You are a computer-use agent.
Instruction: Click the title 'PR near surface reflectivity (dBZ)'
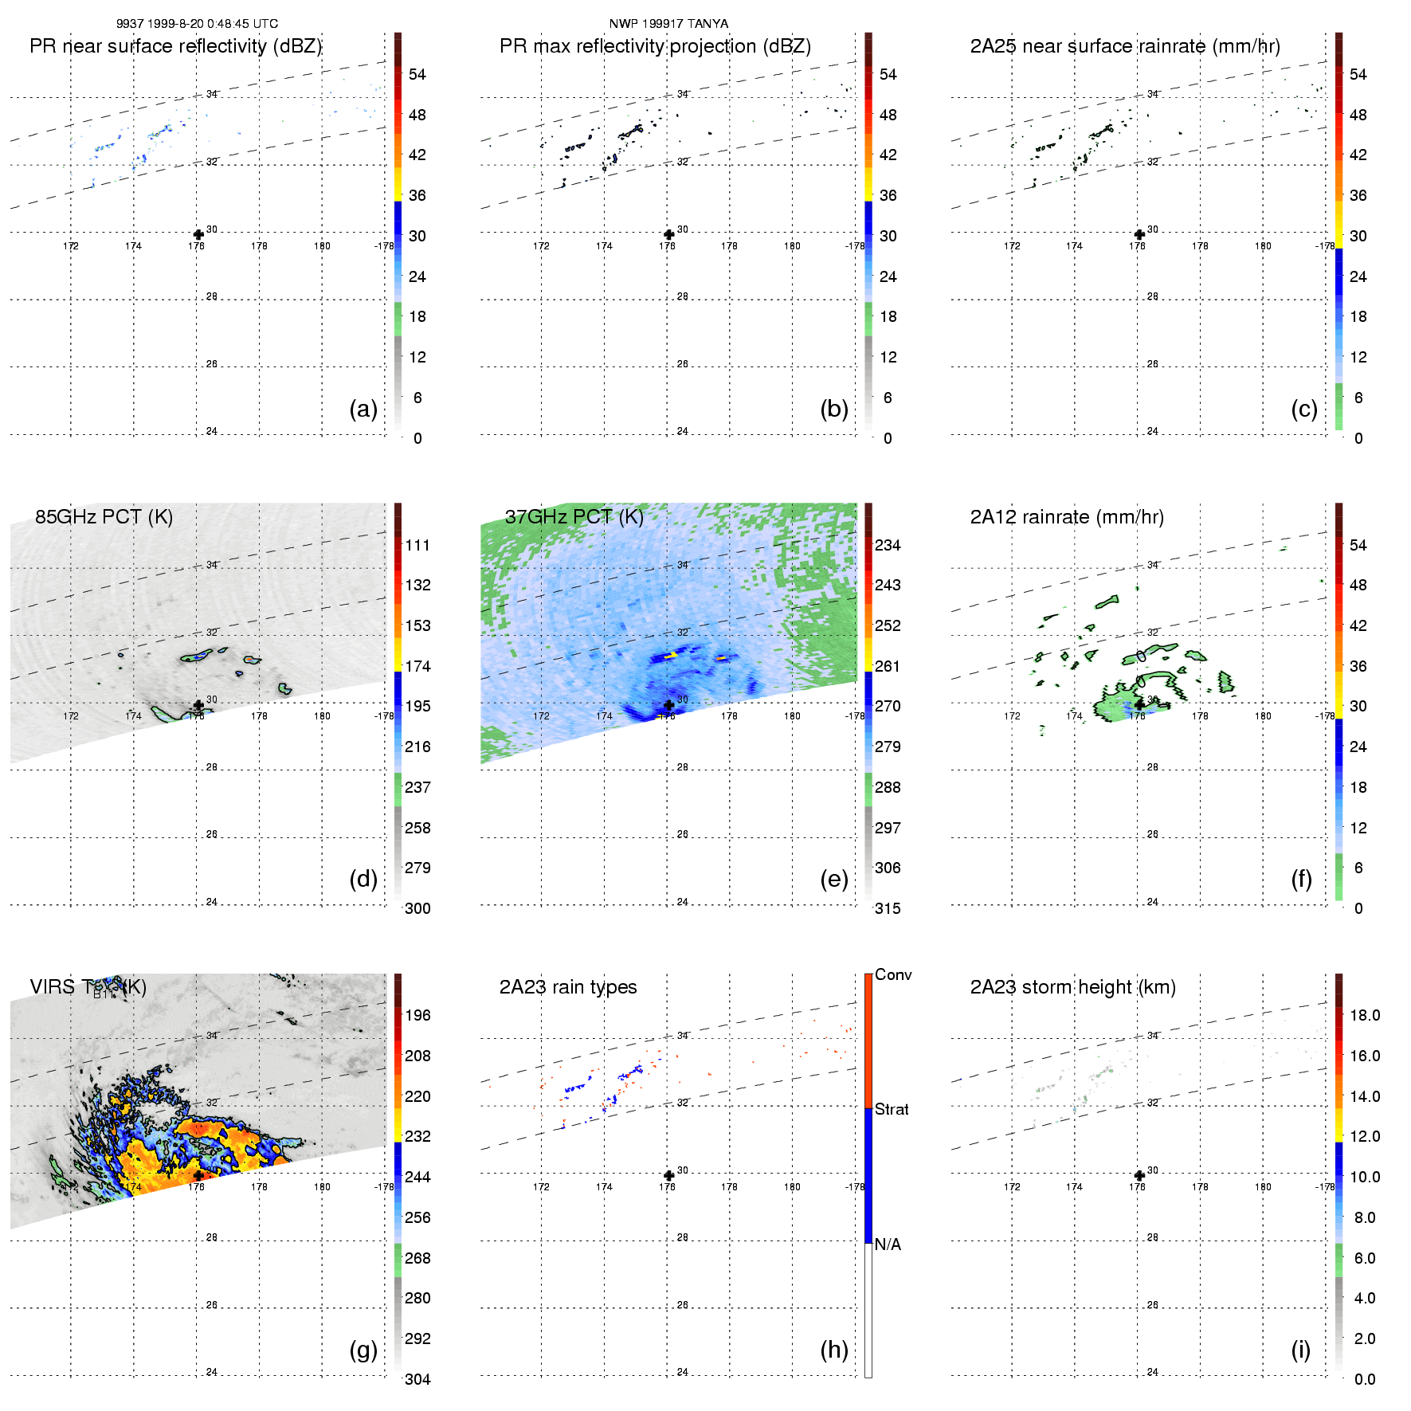pos(175,46)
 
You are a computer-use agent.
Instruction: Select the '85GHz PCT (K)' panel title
pos(104,517)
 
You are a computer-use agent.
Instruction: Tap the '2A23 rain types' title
pos(568,987)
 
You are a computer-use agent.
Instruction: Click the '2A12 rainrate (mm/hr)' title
pos(1067,517)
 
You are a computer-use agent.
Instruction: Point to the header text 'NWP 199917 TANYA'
pos(668,24)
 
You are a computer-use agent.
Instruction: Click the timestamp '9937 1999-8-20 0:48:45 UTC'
pos(197,24)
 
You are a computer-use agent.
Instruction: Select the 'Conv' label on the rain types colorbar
pos(893,975)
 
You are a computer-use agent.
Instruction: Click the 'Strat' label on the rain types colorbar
pos(892,1109)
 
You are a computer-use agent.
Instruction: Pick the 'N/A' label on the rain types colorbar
pos(888,1244)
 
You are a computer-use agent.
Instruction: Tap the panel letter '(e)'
pos(834,879)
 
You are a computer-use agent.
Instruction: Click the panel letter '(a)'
pos(363,409)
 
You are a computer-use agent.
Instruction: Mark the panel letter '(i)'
pos(1300,1350)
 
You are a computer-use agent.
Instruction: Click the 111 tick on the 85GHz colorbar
pos(417,546)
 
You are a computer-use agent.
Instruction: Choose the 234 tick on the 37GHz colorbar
pos(888,546)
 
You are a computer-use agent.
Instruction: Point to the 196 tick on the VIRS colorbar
pos(417,1016)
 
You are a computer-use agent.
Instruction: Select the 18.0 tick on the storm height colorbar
pos(1364,1016)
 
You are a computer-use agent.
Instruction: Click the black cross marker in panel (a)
pos(198,235)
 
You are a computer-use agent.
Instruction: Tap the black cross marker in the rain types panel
pos(669,1175)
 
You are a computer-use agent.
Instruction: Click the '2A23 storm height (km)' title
pos(1072,987)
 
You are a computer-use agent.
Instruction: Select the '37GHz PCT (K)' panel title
pos(574,517)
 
